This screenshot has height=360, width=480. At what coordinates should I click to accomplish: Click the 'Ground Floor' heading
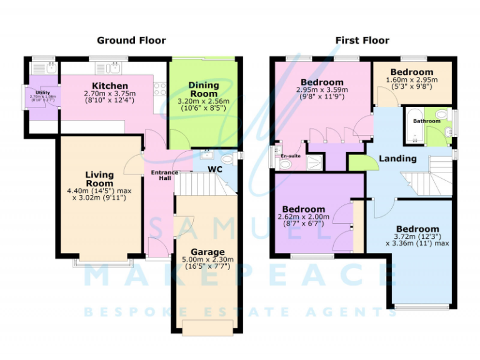point(131,41)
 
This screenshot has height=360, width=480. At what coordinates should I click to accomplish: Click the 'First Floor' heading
point(362,41)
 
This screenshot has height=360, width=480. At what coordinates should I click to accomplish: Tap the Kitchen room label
point(110,86)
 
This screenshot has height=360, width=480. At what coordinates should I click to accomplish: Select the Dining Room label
point(204,89)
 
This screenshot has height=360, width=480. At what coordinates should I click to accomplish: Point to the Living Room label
point(99,179)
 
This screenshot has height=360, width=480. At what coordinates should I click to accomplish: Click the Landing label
point(397,159)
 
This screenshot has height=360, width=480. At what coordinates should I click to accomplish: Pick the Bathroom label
point(426,121)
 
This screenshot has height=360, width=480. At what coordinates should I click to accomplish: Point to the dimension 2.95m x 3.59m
point(321,90)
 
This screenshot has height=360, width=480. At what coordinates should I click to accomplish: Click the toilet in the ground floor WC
point(226,161)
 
